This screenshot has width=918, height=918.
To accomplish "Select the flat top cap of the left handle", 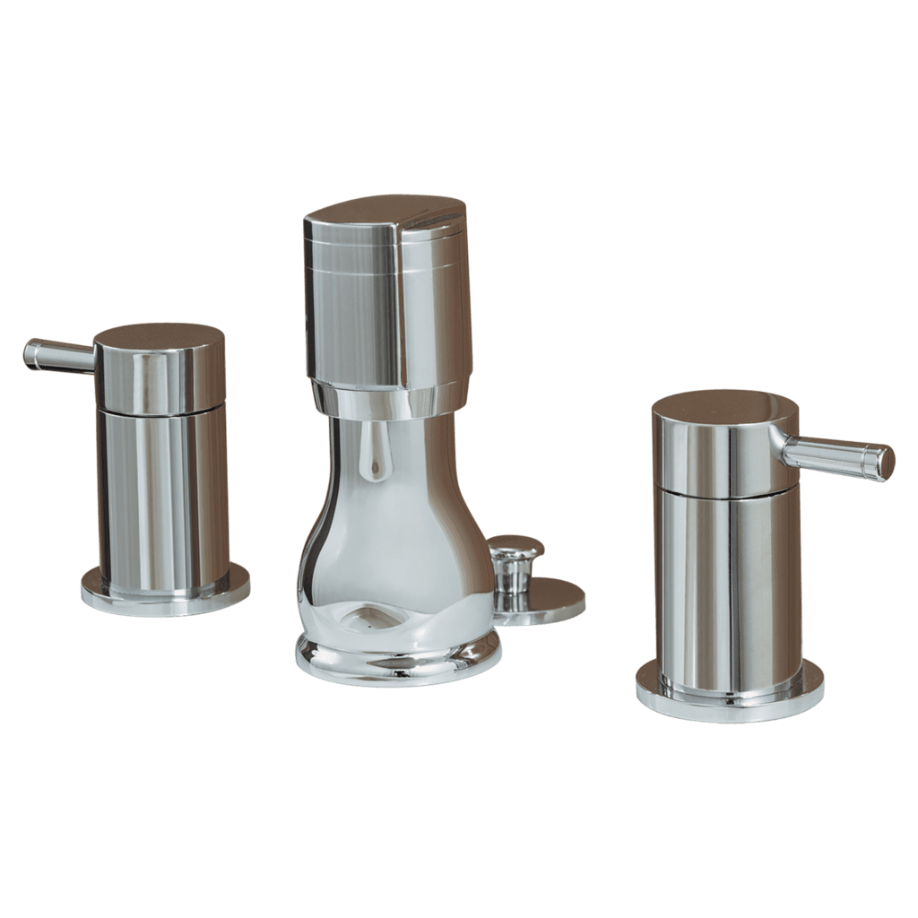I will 160,334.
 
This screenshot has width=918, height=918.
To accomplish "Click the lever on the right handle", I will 834,455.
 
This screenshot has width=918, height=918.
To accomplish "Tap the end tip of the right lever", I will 886,463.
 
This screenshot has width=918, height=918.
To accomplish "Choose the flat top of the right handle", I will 724,404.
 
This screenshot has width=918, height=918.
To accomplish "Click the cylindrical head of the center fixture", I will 385,305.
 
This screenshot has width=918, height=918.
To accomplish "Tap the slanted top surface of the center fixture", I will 385,210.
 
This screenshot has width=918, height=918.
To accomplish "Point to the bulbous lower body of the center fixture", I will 394,556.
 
